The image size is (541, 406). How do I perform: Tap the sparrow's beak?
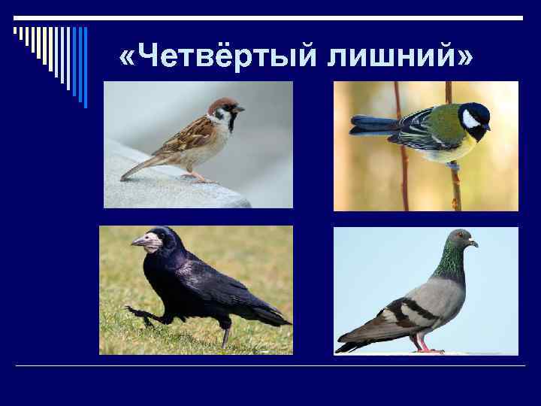[x=240, y=110]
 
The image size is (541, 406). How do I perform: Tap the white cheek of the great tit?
[x=471, y=119]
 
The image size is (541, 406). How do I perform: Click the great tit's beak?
[x=487, y=127]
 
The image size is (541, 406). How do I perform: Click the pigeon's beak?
[x=473, y=244]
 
